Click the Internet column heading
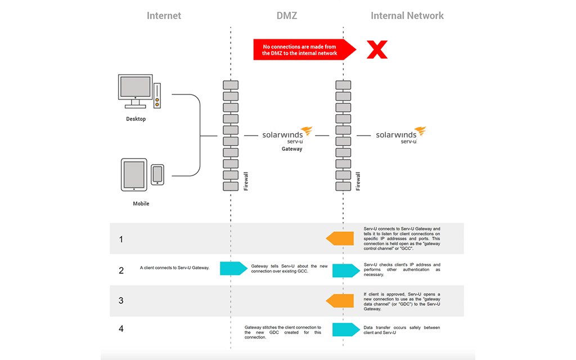tap(164, 16)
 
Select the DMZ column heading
tap(287, 16)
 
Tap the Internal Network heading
tap(407, 16)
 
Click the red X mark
tap(377, 49)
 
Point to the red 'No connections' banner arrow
tap(304, 49)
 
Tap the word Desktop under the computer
tap(136, 119)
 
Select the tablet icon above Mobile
tap(134, 175)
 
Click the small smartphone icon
tap(157, 174)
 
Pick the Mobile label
tap(141, 204)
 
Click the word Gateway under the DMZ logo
tap(292, 149)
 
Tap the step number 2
tap(121, 270)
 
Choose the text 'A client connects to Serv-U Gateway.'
tap(174, 268)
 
